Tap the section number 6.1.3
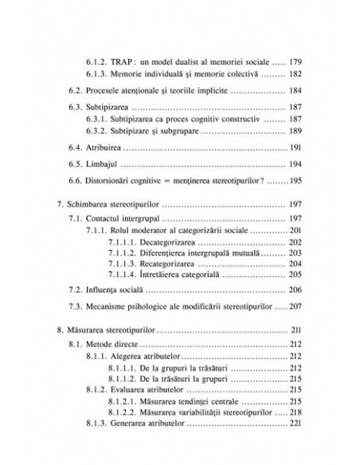point(105,74)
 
